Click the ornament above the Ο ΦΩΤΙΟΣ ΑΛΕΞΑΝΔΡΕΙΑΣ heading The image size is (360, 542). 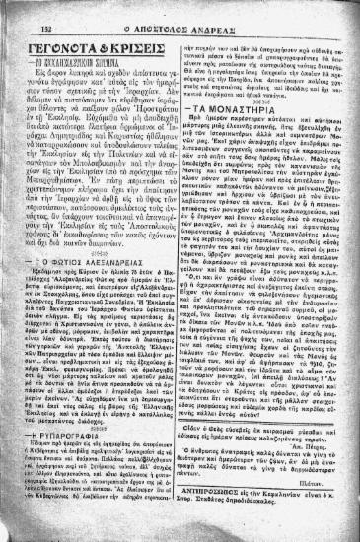[x=100, y=267]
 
